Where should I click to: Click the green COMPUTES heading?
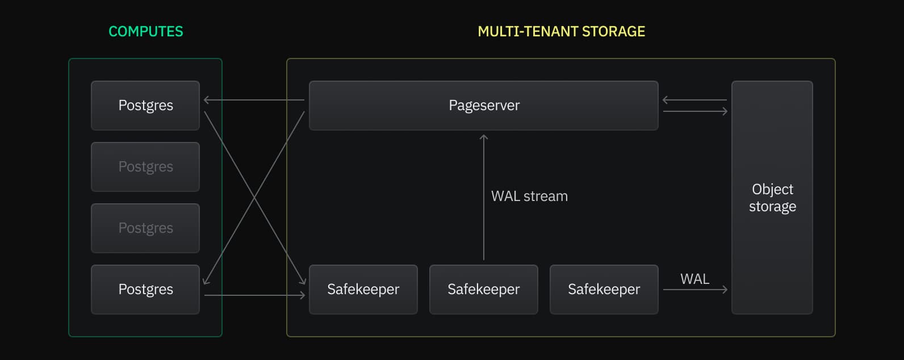pyautogui.click(x=145, y=31)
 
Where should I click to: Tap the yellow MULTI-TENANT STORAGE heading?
pyautogui.click(x=561, y=31)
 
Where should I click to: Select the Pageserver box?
pyautogui.click(x=483, y=106)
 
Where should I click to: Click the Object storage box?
pyautogui.click(x=772, y=198)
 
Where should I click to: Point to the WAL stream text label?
pyautogui.click(x=529, y=196)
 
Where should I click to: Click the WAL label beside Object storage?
pyautogui.click(x=694, y=279)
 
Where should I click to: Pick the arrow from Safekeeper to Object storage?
pyautogui.click(x=695, y=290)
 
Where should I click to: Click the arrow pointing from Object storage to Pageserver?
pyautogui.click(x=694, y=100)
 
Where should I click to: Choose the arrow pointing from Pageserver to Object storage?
pyautogui.click(x=695, y=111)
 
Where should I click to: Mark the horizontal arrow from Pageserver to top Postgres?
pyautogui.click(x=254, y=100)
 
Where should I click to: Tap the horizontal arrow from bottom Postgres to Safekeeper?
pyautogui.click(x=254, y=295)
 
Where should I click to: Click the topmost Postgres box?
pyautogui.click(x=145, y=106)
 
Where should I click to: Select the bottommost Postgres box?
pyautogui.click(x=145, y=290)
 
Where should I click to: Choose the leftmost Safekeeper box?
pyautogui.click(x=363, y=290)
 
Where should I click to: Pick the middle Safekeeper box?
pyautogui.click(x=483, y=290)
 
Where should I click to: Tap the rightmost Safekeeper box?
pyautogui.click(x=604, y=290)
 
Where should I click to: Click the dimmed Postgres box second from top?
pyautogui.click(x=145, y=167)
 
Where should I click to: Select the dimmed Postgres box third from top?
pyautogui.click(x=145, y=228)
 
